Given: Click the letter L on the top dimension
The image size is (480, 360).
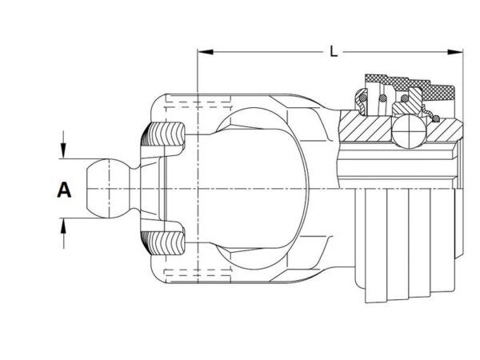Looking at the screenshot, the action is point(334,51).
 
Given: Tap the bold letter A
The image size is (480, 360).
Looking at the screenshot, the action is point(64,190).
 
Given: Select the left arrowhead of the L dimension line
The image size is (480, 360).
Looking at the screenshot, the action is point(206,52).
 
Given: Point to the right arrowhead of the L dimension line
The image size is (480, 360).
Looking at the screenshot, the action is point(455,52).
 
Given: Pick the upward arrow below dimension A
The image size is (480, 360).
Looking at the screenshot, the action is point(63,234).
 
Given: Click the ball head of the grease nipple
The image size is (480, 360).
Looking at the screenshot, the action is point(107,188).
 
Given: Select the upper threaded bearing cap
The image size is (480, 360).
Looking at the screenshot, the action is point(163,134).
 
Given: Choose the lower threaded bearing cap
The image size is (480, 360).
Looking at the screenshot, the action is point(163,243).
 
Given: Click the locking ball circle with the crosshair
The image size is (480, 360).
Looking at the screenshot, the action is point(409,131).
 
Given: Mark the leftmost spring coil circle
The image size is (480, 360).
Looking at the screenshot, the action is point(362,98).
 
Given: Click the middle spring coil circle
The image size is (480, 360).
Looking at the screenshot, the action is point(382,98).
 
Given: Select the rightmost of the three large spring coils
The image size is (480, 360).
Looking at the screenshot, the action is point(404,98).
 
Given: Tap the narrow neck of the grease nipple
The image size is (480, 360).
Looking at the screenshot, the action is point(134,188).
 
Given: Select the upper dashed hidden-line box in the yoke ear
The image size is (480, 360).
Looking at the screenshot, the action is point(198,101).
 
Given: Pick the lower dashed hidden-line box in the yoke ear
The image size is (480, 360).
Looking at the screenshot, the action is point(198,276).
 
